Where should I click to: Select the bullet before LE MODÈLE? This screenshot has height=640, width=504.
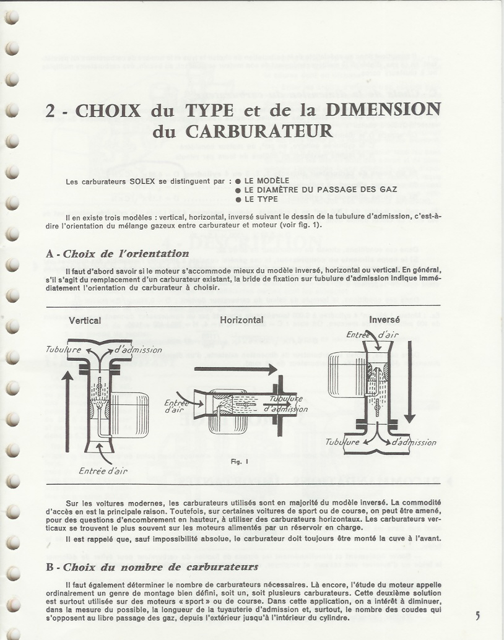(x=238, y=181)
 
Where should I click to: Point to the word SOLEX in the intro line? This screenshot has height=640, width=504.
(x=132, y=182)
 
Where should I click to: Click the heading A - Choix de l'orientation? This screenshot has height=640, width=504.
(x=118, y=254)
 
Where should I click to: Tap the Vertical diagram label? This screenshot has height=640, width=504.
(x=85, y=321)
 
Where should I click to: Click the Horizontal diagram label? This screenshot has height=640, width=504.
(x=241, y=321)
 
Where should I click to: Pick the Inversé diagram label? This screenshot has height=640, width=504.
(x=385, y=321)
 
